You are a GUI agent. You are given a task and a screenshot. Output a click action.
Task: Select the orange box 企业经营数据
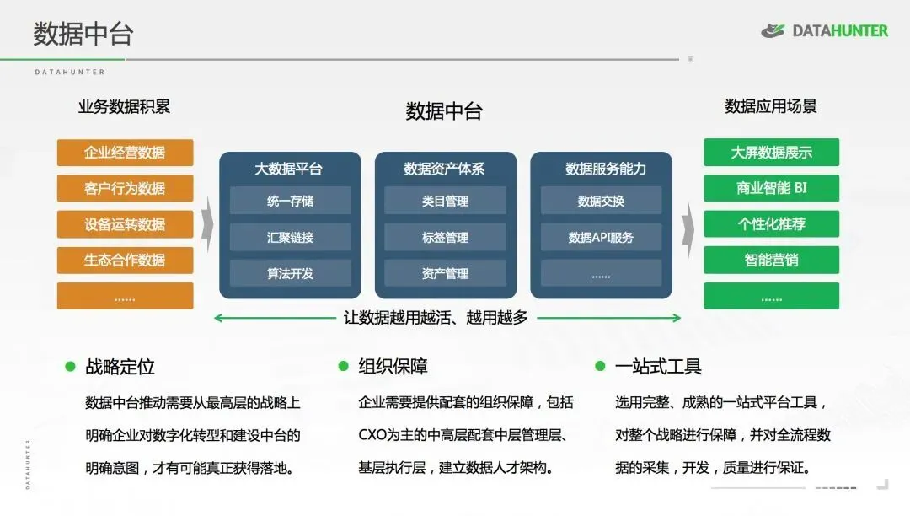click(125, 153)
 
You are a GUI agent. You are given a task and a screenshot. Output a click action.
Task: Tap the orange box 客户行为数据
click(125, 188)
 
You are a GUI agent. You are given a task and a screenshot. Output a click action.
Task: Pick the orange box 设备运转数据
click(125, 224)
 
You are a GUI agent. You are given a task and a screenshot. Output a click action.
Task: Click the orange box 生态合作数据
click(125, 260)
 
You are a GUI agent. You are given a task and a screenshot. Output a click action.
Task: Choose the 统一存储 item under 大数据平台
click(290, 202)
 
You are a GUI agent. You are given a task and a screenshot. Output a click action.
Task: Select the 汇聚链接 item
click(290, 238)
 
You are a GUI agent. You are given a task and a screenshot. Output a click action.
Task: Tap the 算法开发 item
click(290, 273)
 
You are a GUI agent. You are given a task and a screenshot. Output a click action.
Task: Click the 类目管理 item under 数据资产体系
click(445, 202)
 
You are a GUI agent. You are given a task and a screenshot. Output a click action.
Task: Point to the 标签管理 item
click(445, 238)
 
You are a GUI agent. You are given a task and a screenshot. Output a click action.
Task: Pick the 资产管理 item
click(445, 273)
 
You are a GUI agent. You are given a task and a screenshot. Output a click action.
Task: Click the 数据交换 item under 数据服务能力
click(601, 202)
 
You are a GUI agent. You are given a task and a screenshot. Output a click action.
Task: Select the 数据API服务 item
click(601, 238)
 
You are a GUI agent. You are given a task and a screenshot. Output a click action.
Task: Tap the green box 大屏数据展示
click(771, 153)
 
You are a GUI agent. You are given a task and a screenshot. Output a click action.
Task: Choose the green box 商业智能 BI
click(771, 188)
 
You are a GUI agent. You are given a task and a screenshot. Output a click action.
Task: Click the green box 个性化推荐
click(771, 224)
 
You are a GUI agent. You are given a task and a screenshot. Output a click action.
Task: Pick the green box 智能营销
click(771, 260)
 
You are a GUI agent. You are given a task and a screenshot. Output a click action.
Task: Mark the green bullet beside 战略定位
click(71, 366)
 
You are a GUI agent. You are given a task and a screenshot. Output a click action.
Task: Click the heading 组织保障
click(393, 367)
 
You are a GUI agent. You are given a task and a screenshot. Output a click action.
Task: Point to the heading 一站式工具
click(658, 367)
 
